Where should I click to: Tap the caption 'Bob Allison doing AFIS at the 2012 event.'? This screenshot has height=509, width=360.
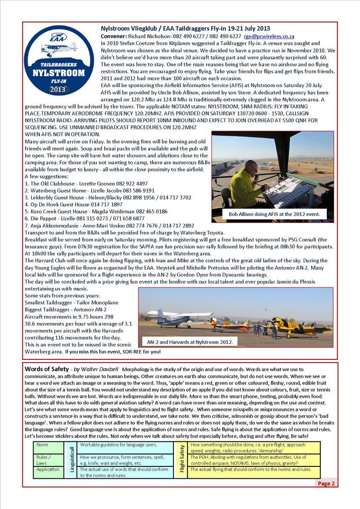271,214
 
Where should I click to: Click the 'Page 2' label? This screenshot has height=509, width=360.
326,483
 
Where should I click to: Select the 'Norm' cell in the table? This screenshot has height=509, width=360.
42,446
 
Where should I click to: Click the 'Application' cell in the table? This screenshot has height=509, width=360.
48,470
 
